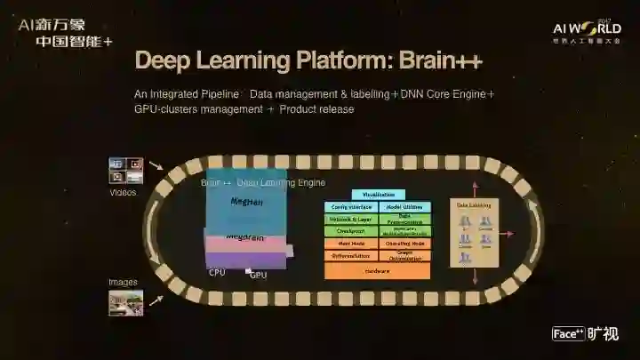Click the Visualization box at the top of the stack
coord(378,194)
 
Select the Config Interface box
coord(350,206)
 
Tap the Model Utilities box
coord(404,206)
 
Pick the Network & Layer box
coord(350,219)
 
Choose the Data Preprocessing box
coord(404,219)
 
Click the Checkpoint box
coord(350,230)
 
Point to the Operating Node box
coord(404,243)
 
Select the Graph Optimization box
coord(404,255)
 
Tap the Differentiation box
coord(350,255)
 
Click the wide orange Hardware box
coord(377,270)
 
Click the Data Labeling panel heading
coord(474,204)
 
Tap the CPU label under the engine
coord(217,273)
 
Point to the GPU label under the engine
coord(258,276)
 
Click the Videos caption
coord(123,192)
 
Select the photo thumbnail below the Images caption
coord(125,302)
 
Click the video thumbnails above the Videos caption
coord(125,171)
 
